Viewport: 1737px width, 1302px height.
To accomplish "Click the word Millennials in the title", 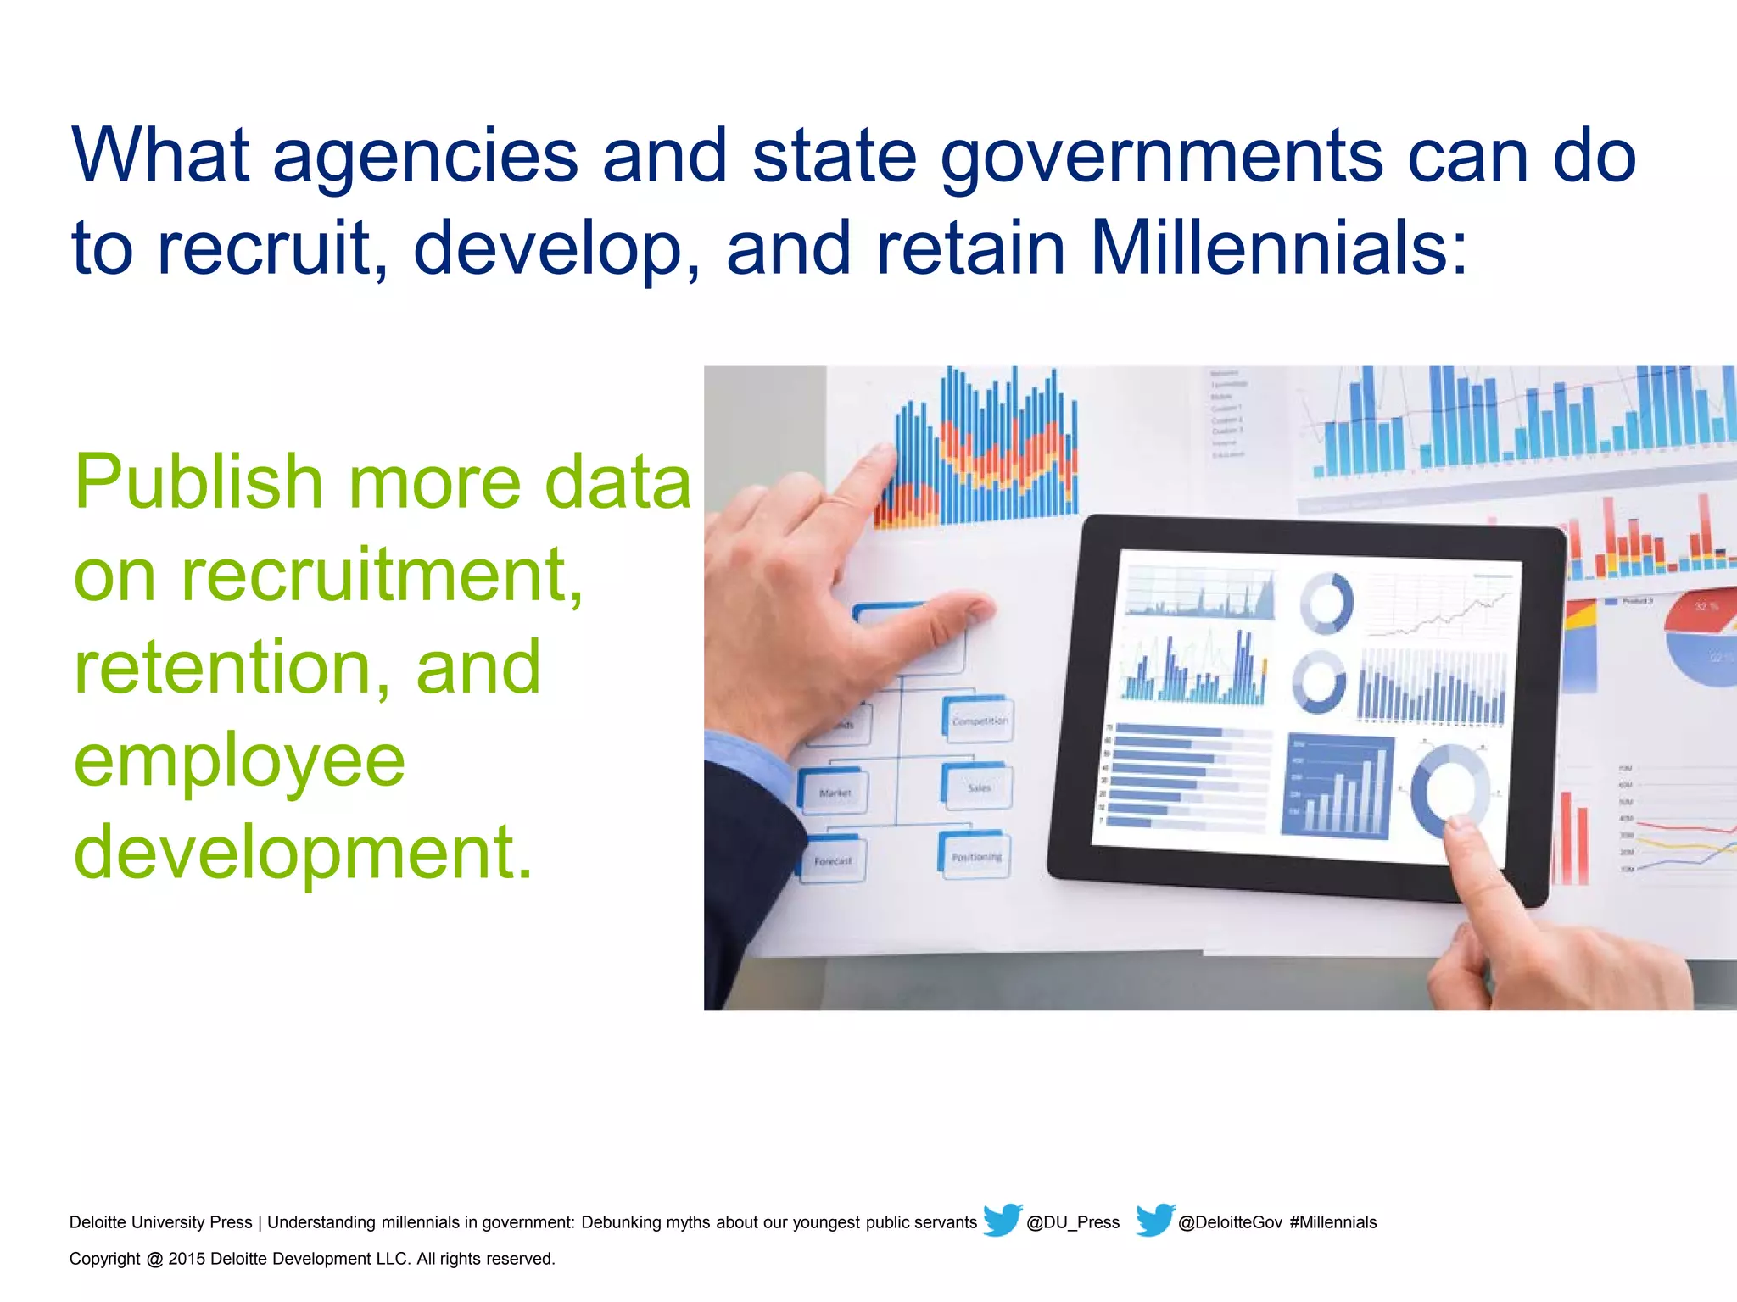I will tap(1278, 248).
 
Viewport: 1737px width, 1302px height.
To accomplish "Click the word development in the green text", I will tap(303, 851).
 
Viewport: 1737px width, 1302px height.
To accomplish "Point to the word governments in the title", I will tap(1162, 156).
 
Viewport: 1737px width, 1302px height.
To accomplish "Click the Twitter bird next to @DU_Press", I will tap(1002, 1220).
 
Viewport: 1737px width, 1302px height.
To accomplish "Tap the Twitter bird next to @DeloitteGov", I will tap(1154, 1220).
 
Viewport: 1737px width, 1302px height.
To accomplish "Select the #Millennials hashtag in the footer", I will tap(1333, 1222).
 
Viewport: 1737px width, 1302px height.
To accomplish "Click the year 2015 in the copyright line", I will tap(187, 1259).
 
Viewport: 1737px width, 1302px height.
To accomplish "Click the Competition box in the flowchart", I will tap(978, 721).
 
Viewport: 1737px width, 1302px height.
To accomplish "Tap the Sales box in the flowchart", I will tap(977, 787).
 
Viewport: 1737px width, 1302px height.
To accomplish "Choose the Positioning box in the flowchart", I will tap(975, 856).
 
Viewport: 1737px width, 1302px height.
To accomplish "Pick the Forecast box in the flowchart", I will tap(832, 860).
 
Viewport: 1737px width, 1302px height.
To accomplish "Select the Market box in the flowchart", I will tap(834, 792).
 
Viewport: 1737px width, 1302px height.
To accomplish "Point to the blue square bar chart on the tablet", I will tap(1338, 787).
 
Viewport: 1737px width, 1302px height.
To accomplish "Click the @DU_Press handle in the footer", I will tap(1073, 1222).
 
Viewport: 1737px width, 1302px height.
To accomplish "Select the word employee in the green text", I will tap(240, 759).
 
